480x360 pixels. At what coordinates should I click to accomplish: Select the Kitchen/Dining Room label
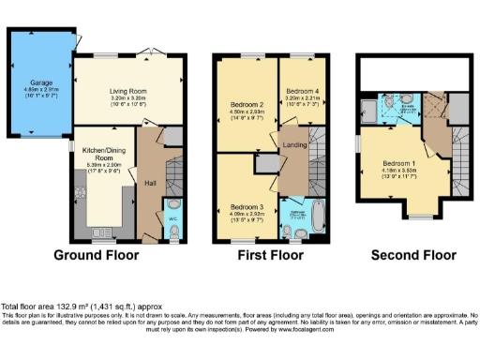click(x=101, y=157)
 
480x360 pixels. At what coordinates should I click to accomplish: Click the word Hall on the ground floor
click(x=150, y=183)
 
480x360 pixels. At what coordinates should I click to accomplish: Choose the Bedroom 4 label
click(x=301, y=91)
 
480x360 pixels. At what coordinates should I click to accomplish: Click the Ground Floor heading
click(x=97, y=254)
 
